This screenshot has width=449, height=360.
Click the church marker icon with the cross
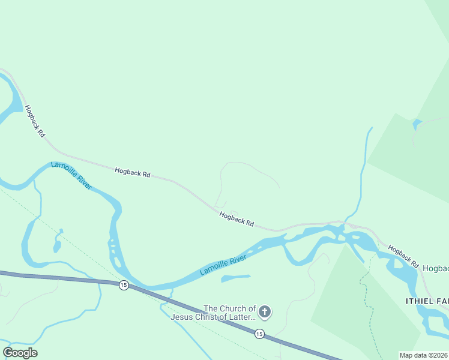click(265, 312)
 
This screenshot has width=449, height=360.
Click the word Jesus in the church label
click(184, 317)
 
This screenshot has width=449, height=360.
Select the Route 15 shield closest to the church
click(259, 334)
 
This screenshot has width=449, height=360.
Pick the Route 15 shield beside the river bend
click(123, 284)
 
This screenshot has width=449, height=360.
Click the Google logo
click(20, 353)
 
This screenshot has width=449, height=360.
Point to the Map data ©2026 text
click(424, 355)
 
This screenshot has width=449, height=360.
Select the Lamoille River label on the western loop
click(71, 175)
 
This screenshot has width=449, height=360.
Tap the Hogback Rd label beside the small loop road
click(237, 219)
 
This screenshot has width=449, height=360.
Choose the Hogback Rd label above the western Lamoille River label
click(133, 172)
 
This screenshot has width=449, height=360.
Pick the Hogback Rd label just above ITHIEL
click(403, 256)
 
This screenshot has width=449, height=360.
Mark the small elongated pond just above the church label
click(235, 278)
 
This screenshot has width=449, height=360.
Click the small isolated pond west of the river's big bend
click(57, 245)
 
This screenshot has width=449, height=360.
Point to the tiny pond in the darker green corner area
click(417, 124)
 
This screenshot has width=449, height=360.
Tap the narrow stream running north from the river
click(362, 174)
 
